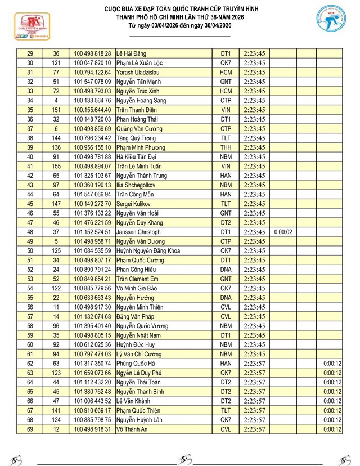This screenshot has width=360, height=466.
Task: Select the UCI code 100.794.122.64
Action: click(x=92, y=72)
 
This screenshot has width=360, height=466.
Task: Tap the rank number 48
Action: click(x=30, y=232)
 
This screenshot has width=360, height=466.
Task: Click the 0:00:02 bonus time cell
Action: click(x=283, y=232)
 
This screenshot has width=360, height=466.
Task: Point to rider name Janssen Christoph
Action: click(x=138, y=232)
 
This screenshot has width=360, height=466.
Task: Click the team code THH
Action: click(x=226, y=147)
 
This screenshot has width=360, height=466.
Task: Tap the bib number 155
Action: click(x=56, y=166)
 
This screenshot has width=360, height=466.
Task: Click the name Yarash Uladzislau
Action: click(x=138, y=72)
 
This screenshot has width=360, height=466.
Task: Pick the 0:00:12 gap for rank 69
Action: click(x=332, y=429)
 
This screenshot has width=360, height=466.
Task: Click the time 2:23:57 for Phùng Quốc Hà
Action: click(x=255, y=364)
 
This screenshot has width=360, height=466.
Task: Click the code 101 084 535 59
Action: click(x=92, y=250)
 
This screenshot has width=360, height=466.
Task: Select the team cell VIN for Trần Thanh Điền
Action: click(x=226, y=110)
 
